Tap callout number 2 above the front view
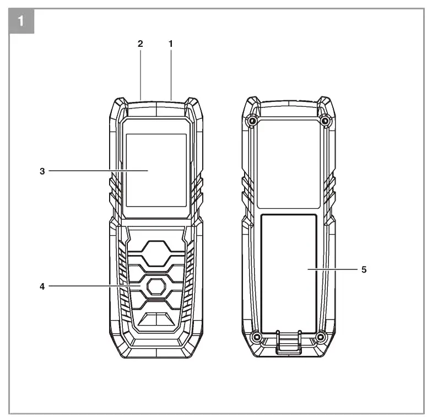click(x=140, y=44)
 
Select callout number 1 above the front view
click(x=170, y=44)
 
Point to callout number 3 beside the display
click(x=42, y=171)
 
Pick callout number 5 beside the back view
click(x=364, y=269)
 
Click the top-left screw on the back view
click(x=252, y=121)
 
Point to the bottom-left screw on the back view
click(x=256, y=336)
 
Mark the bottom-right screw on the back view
click(x=321, y=336)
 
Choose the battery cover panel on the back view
click(x=288, y=259)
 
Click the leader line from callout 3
click(x=99, y=171)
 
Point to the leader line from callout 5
click(x=331, y=269)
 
